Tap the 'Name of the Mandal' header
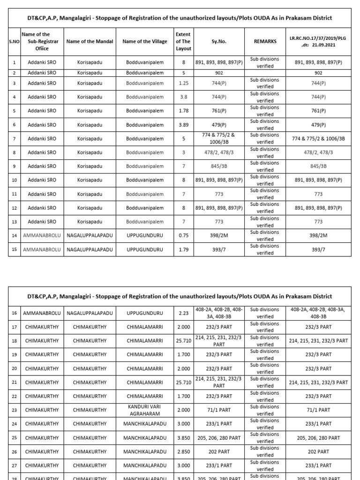coord(90,42)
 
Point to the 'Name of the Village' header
coord(145,42)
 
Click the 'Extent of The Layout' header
coord(183,42)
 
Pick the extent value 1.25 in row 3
coord(184,83)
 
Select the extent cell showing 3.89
coord(184,125)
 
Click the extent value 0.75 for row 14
coord(184,236)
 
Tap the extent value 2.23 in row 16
coord(184,313)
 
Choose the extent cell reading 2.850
coord(184,451)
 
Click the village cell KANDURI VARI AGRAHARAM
coord(145,410)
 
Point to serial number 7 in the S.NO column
coord(15,139)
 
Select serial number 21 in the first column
coord(15,382)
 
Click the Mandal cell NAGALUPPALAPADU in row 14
coord(90,236)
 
